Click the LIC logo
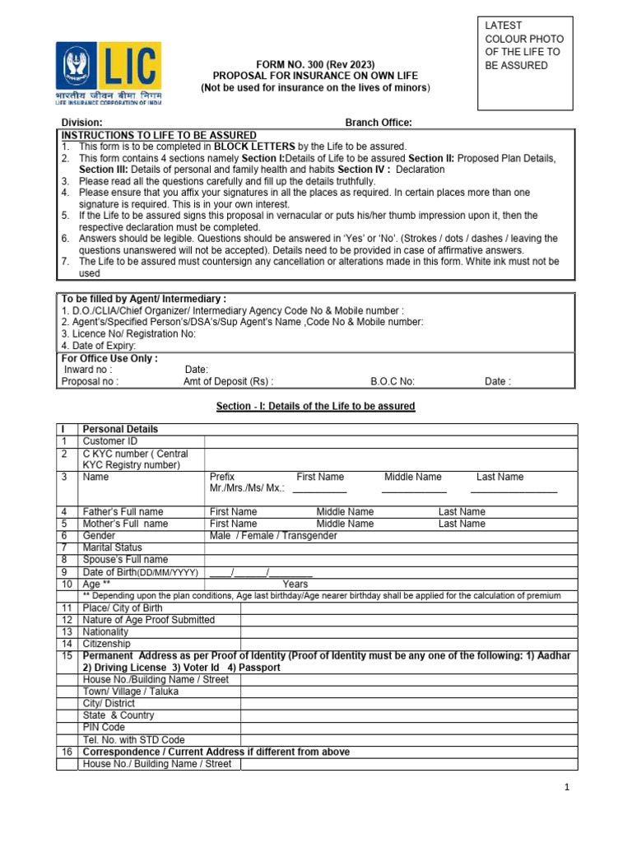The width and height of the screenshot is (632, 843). coord(108,72)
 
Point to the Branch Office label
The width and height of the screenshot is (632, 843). coord(378,123)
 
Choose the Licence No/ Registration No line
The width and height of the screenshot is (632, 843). coord(128,334)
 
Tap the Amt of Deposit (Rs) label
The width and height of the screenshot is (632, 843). coord(228,382)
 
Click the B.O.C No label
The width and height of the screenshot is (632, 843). coord(393,382)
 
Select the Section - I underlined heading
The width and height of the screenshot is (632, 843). coord(315,407)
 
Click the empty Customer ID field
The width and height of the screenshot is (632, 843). coord(391,441)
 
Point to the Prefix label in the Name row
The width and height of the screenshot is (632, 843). coord(222,477)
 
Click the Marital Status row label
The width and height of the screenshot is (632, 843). coord(113,547)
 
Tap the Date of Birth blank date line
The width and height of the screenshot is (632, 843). coord(261,572)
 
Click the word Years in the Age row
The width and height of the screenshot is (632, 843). coord(295,584)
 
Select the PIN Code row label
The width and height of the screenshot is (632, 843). coord(104,728)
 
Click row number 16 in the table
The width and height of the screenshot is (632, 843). coord(66,752)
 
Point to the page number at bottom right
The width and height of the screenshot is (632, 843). coord(566,788)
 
